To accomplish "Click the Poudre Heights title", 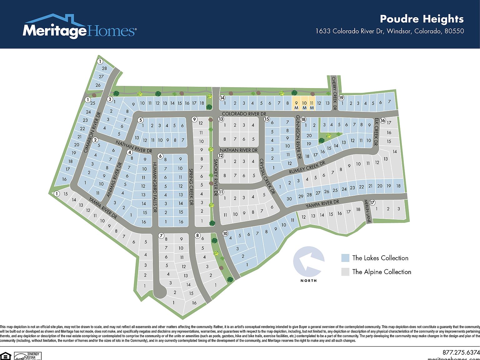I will [422, 19].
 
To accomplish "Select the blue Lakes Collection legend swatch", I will [345, 258].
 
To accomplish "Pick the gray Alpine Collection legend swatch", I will [345, 272].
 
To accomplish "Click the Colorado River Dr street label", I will [244, 114].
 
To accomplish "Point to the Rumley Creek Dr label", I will [307, 167].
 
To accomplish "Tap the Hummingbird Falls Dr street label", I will [154, 187].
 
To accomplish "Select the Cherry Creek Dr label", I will [334, 93].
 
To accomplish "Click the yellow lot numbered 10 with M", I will [304, 105].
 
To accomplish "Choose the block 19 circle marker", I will [341, 98].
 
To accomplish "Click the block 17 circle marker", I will [372, 203].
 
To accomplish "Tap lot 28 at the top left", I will [104, 68].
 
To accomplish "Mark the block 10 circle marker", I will [225, 233].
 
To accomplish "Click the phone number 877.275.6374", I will [461, 352].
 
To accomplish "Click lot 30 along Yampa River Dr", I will [289, 199].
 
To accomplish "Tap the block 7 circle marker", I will [161, 236].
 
